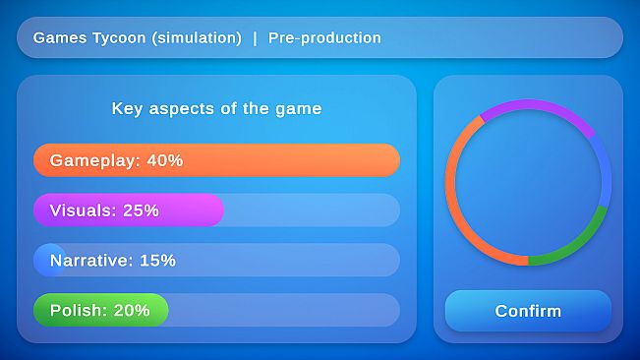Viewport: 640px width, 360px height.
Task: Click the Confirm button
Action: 528,311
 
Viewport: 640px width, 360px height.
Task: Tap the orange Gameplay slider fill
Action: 295,160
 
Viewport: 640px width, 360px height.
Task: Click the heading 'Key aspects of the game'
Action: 216,109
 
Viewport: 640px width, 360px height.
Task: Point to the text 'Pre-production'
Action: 324,38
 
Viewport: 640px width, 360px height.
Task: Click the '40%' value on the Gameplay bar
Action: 165,160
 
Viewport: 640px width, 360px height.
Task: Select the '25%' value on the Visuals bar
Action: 141,210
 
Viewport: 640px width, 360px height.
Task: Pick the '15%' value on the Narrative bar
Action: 157,261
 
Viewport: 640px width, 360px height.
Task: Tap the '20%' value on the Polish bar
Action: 132,310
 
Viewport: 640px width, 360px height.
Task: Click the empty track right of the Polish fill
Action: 285,310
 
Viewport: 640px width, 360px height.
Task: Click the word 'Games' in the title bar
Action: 56,38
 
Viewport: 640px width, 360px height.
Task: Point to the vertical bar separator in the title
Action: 255,38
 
